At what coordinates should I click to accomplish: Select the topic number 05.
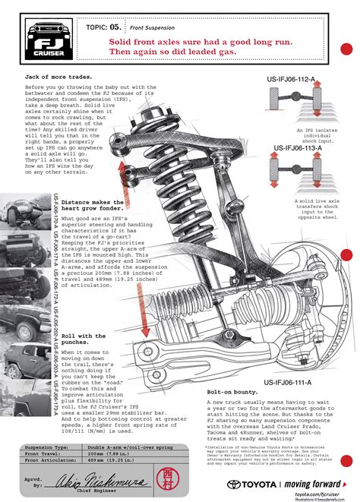click(x=113, y=26)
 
